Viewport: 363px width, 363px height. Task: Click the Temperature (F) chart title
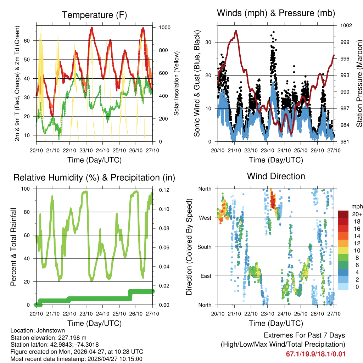[x=94, y=15]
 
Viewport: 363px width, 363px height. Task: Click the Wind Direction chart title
[x=276, y=176]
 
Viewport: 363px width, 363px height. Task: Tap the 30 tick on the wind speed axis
[x=208, y=42]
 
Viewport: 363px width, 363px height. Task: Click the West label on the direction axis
[x=205, y=218]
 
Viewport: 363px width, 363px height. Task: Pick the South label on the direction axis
[x=204, y=247]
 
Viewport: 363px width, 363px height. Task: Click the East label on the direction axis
[x=205, y=276]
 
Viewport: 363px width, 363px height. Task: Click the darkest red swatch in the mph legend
[x=343, y=214]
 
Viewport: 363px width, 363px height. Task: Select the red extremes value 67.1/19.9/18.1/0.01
[x=315, y=354]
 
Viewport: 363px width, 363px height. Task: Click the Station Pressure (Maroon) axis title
[x=359, y=84]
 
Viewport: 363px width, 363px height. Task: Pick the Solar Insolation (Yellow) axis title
[x=177, y=84]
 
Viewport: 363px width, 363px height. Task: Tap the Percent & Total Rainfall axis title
[x=13, y=247]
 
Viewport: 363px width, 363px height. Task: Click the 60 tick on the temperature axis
[x=29, y=41]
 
